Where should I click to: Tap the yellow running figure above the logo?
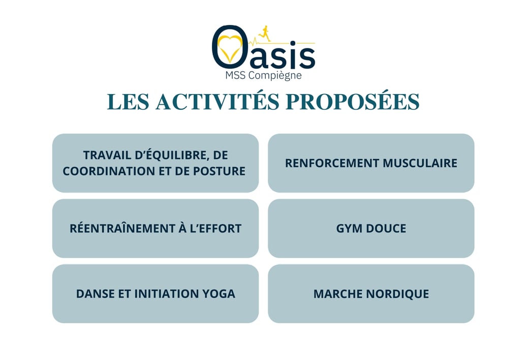(264, 33)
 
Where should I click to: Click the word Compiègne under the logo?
(274, 76)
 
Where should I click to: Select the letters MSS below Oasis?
(235, 75)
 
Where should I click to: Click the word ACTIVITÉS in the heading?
(218, 102)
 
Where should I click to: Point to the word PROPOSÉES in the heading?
(353, 102)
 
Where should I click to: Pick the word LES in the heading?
(128, 102)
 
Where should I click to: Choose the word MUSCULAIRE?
(420, 163)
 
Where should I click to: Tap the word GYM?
(349, 229)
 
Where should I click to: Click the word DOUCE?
(386, 229)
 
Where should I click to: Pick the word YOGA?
(219, 294)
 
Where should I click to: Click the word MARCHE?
(338, 294)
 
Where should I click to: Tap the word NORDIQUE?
(397, 294)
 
